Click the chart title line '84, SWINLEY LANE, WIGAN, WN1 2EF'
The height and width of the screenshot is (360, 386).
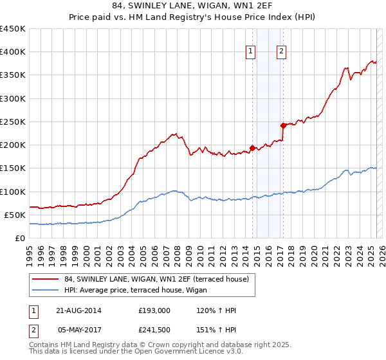193,7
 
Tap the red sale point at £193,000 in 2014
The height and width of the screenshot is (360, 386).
252,147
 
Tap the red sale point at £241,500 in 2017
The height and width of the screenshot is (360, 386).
283,125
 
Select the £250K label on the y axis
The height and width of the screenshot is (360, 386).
13,122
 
